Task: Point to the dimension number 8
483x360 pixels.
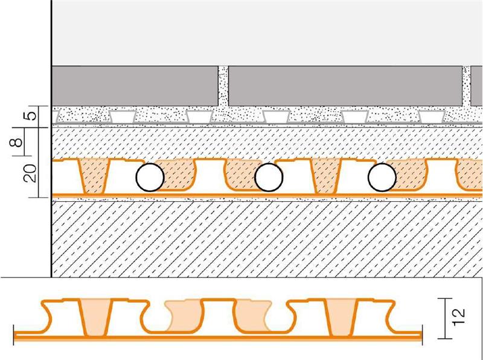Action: click(18, 142)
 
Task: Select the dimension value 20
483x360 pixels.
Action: click(31, 173)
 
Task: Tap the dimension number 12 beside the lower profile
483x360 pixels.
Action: click(458, 317)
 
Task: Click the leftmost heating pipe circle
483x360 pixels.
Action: click(150, 178)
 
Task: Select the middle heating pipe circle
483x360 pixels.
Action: click(269, 178)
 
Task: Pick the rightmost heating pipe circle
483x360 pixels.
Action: click(382, 178)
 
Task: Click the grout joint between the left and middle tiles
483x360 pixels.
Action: click(223, 86)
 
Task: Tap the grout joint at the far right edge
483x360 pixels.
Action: click(467, 86)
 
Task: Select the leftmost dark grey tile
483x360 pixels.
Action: click(135, 86)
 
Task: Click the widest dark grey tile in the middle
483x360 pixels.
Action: click(345, 86)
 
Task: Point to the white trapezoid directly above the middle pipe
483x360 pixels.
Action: click(276, 117)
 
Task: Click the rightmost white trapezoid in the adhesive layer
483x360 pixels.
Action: click(432, 117)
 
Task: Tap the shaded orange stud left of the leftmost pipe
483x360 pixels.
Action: click(93, 176)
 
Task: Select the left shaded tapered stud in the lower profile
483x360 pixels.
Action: click(95, 318)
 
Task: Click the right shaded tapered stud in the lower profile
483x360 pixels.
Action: click(342, 318)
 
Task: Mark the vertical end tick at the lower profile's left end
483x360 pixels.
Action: click(14, 335)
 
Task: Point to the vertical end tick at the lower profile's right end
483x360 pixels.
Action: click(422, 335)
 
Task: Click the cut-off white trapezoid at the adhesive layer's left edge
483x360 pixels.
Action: click(55, 117)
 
